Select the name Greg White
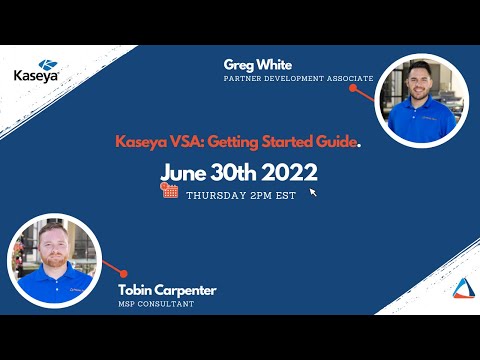(253, 64)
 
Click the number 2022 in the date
(289, 171)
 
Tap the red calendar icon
(170, 192)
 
